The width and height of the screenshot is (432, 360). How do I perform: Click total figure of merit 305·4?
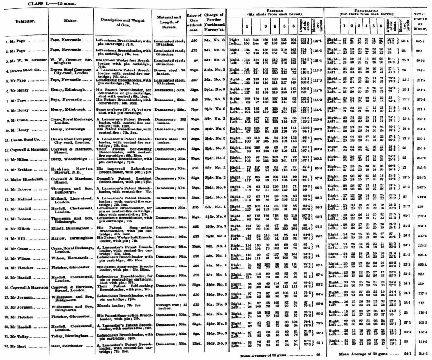421,41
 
